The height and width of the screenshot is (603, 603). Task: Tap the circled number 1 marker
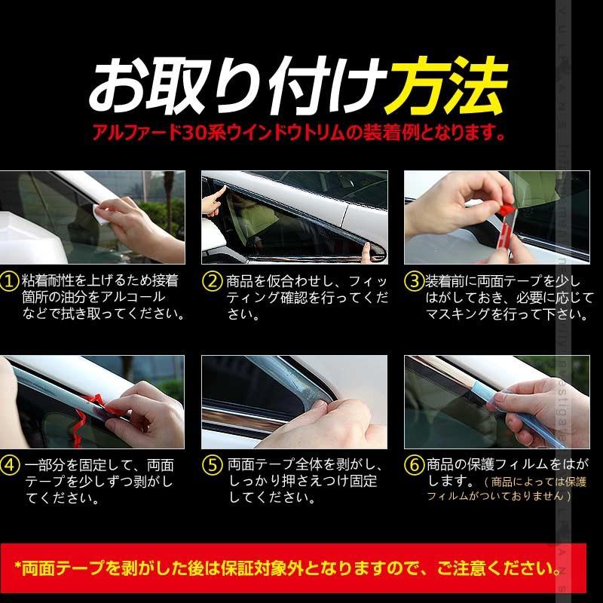point(10,281)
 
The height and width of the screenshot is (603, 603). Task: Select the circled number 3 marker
point(414,281)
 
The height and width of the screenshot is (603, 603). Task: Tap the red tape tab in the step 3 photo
point(507,206)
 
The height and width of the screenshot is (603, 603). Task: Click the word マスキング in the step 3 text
point(460,314)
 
